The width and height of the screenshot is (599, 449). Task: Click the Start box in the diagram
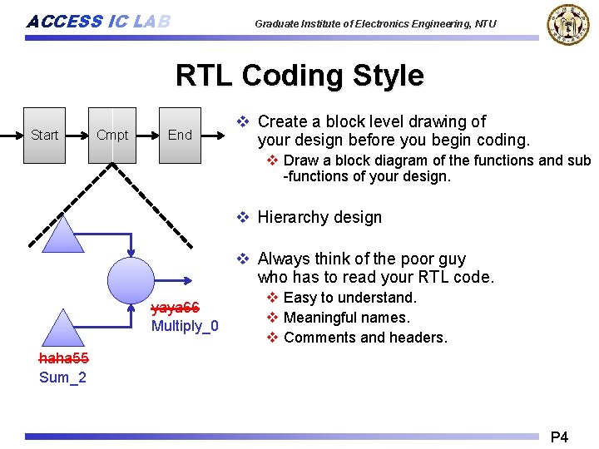[x=44, y=135]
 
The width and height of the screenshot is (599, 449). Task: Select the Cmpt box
[x=112, y=135]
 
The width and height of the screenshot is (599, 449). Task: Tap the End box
[x=180, y=135]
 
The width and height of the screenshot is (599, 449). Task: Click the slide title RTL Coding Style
[x=299, y=76]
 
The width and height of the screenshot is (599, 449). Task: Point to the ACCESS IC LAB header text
[x=98, y=22]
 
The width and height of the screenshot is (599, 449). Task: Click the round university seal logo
[x=567, y=24]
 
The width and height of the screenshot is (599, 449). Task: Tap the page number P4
[x=559, y=437]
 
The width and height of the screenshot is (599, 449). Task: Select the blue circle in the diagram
[x=131, y=279]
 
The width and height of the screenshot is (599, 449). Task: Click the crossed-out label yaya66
[x=175, y=308]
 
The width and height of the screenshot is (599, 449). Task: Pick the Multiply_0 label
[x=185, y=326]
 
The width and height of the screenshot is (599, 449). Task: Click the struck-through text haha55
[x=63, y=359]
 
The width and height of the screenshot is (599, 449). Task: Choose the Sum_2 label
[x=62, y=378]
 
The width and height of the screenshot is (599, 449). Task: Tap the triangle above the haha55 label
[x=62, y=328]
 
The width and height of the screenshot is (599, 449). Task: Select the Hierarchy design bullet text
[x=319, y=218]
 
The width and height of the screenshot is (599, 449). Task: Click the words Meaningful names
[x=346, y=318]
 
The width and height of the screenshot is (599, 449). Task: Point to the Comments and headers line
[x=365, y=338]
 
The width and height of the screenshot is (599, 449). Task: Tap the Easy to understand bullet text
[x=349, y=298]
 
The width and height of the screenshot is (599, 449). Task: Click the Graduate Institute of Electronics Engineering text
[x=375, y=24]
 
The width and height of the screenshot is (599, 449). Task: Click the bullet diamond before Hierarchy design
[x=243, y=218]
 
